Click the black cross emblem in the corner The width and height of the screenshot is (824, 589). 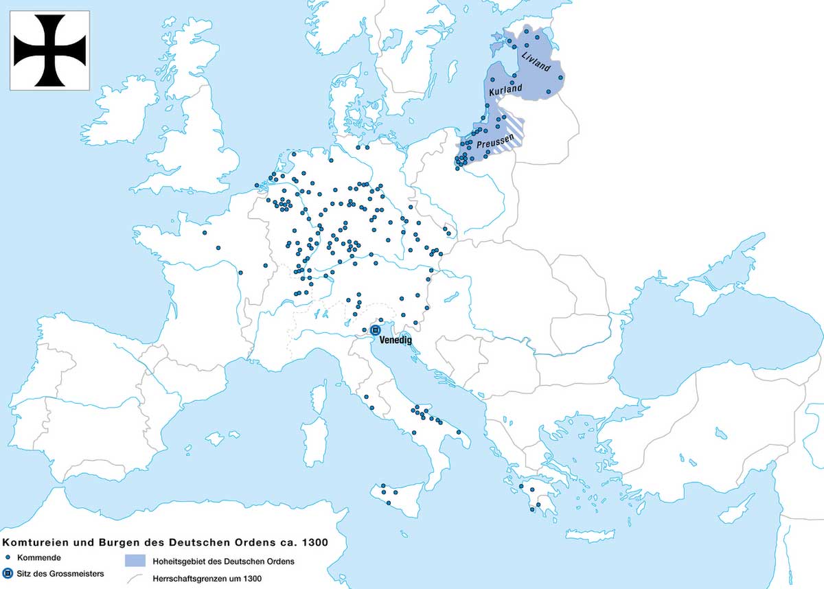tap(50, 50)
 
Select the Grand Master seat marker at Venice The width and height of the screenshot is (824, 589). tap(375, 330)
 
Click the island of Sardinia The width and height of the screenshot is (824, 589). tap(314, 439)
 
